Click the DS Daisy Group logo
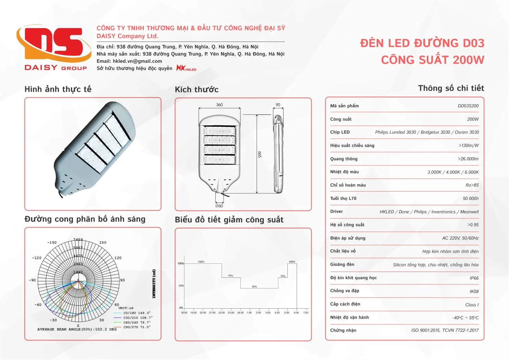click(x=54, y=48)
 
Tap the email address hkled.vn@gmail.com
click(x=137, y=61)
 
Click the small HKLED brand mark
click(x=186, y=68)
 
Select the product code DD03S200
click(x=468, y=106)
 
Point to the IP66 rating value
click(x=474, y=278)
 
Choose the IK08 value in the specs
click(x=474, y=291)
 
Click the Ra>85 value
click(x=472, y=185)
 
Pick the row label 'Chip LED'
click(x=340, y=132)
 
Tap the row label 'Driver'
click(x=336, y=212)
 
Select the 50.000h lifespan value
click(x=471, y=199)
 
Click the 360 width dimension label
click(x=220, y=105)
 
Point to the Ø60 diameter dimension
click(x=219, y=206)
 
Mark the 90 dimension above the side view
click(x=278, y=105)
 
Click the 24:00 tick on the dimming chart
click(x=240, y=313)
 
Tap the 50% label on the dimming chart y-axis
click(x=181, y=286)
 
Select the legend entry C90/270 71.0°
click(x=137, y=327)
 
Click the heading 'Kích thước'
click(x=197, y=90)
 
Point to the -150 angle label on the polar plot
click(x=52, y=243)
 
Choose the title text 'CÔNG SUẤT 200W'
click(x=433, y=60)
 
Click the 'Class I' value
click(x=472, y=305)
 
